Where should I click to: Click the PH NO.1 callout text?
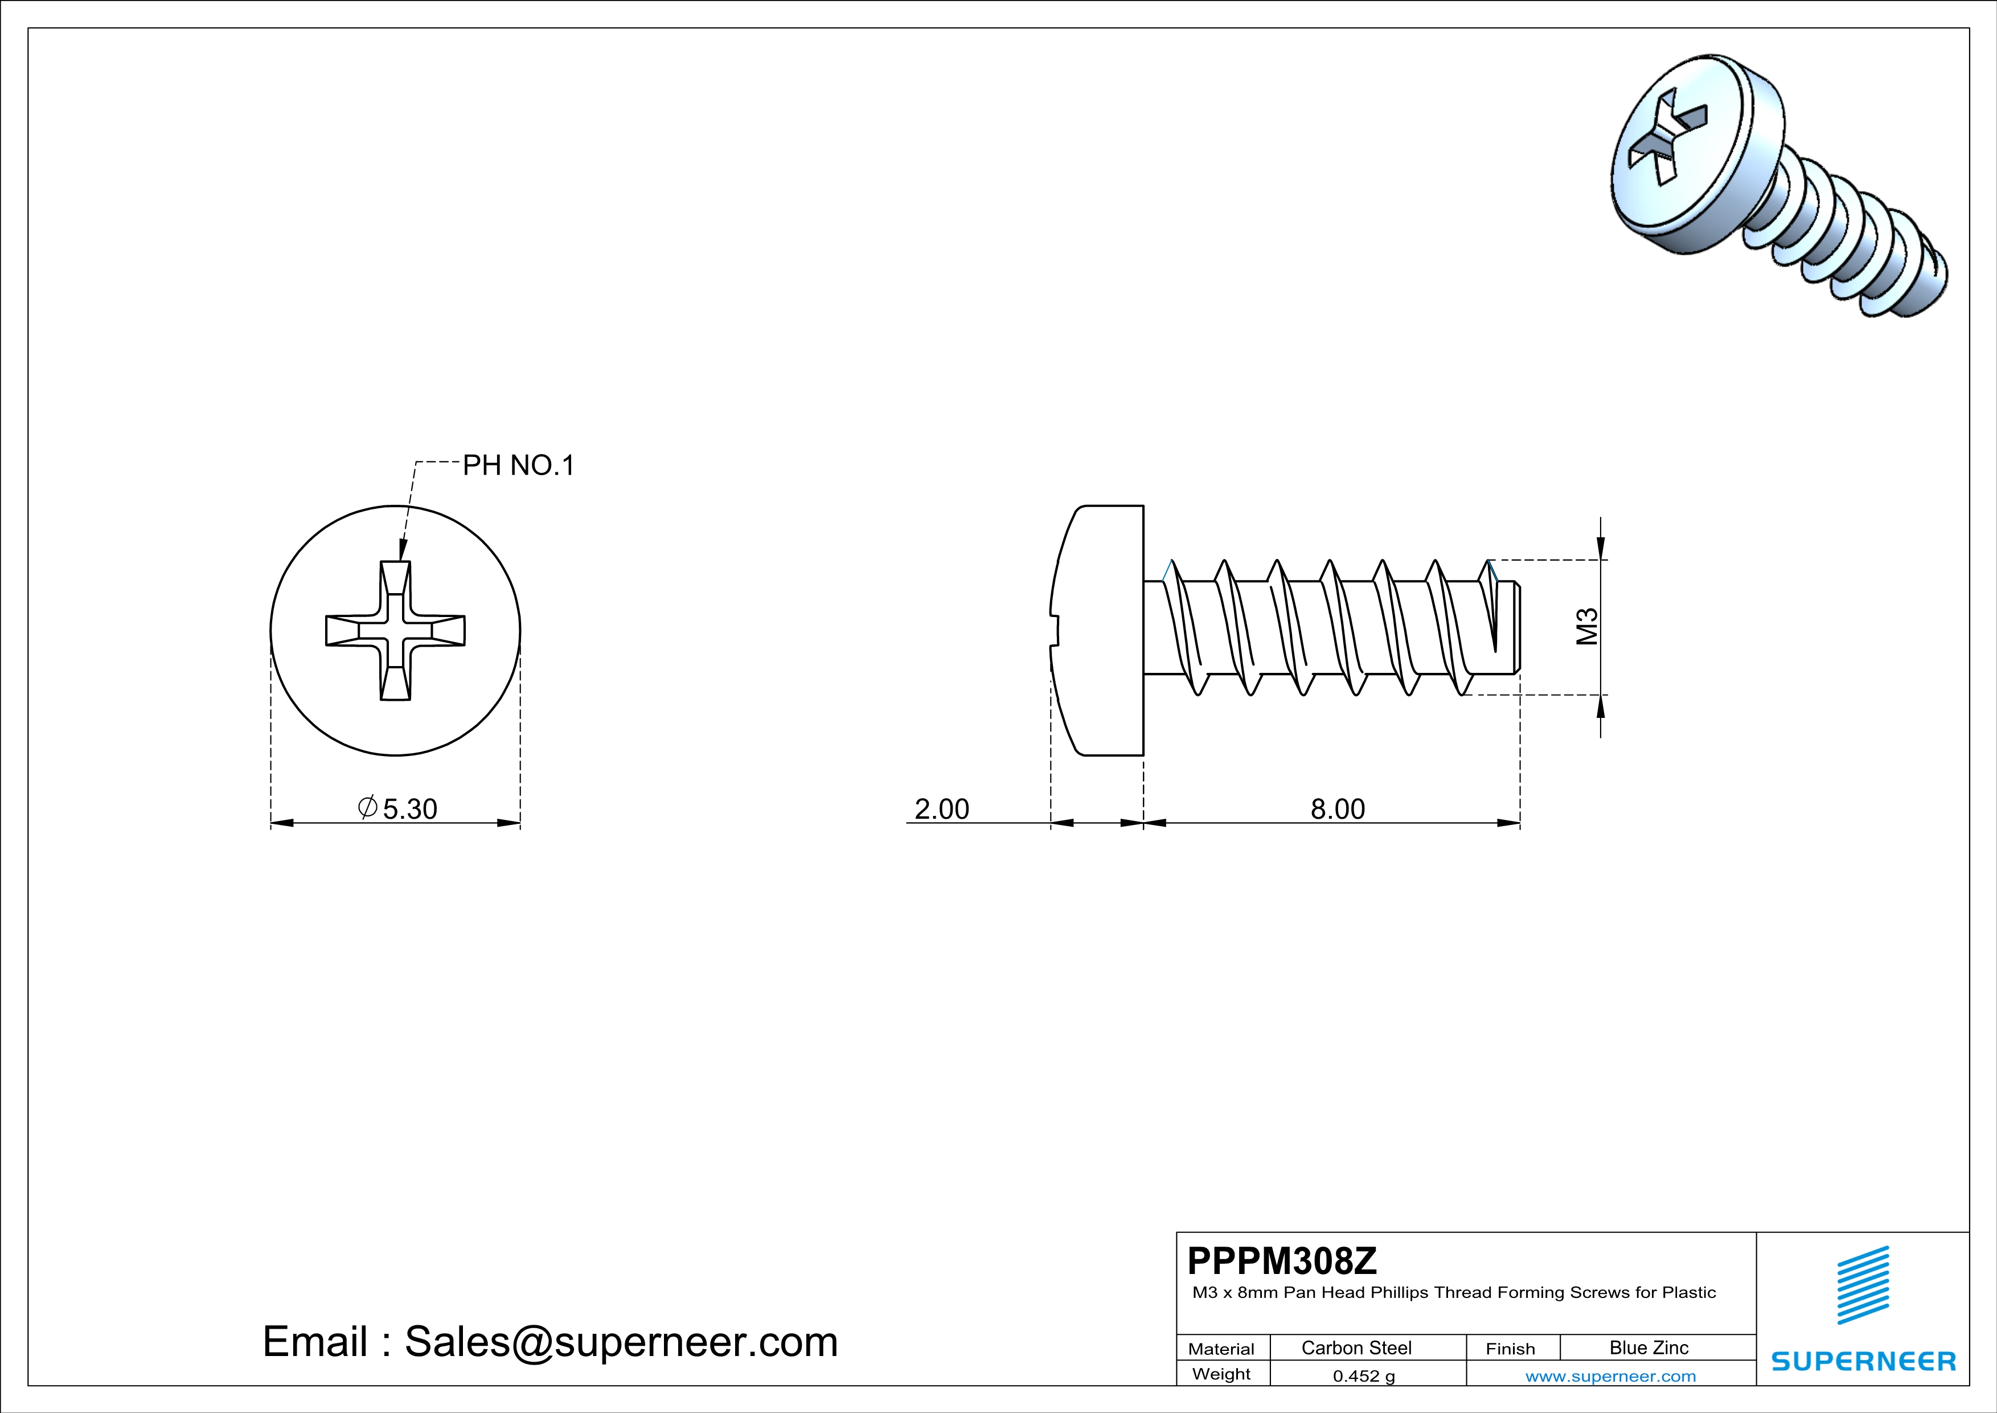(x=518, y=465)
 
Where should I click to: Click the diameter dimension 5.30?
(x=399, y=808)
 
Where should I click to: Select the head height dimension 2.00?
(x=941, y=809)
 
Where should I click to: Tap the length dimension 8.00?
(x=1338, y=809)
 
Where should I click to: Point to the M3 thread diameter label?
(x=1588, y=627)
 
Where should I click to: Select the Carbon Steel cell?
(x=1356, y=1347)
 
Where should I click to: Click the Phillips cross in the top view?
(x=396, y=631)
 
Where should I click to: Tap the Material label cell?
(x=1221, y=1349)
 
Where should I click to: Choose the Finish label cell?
(x=1510, y=1349)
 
